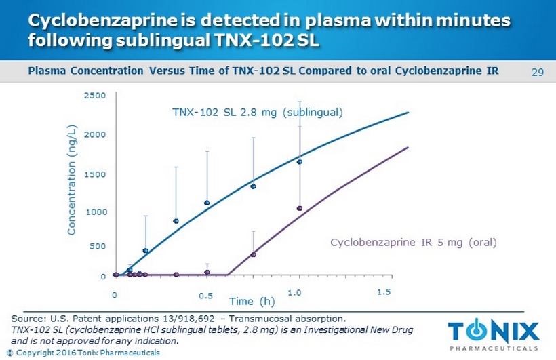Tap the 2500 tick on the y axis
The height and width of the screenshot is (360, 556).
pyautogui.click(x=96, y=96)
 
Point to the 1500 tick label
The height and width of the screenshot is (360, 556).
pyautogui.click(x=96, y=174)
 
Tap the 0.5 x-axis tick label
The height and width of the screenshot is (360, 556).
pyautogui.click(x=205, y=296)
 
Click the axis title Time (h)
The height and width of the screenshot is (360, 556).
pyautogui.click(x=252, y=301)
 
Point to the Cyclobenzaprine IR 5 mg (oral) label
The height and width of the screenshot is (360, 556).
pyautogui.click(x=414, y=242)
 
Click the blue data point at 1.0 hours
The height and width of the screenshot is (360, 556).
pyautogui.click(x=299, y=161)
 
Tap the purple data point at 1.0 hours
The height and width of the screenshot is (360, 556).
pyautogui.click(x=299, y=208)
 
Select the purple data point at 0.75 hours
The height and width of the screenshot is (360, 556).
pyautogui.click(x=253, y=254)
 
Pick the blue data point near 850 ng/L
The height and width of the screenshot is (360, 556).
pyautogui.click(x=176, y=221)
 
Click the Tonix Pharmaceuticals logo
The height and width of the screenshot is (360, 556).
pyautogui.click(x=493, y=334)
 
